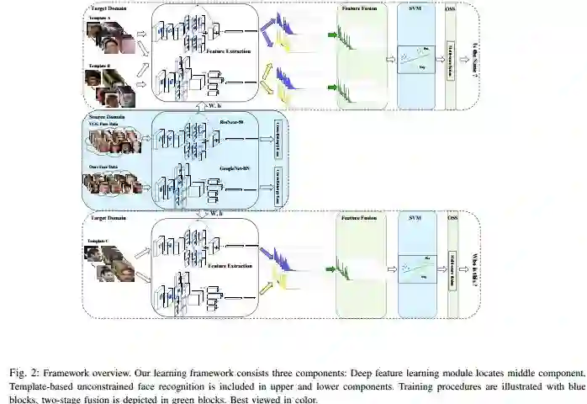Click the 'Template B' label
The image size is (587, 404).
tap(98, 64)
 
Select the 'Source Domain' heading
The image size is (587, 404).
tap(106, 115)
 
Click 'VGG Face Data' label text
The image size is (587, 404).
tap(106, 123)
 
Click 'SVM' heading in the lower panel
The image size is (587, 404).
tap(415, 218)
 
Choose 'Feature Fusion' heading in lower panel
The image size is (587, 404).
tap(359, 218)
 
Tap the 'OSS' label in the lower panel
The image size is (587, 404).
tap(452, 218)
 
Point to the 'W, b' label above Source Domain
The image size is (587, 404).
tap(215, 106)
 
